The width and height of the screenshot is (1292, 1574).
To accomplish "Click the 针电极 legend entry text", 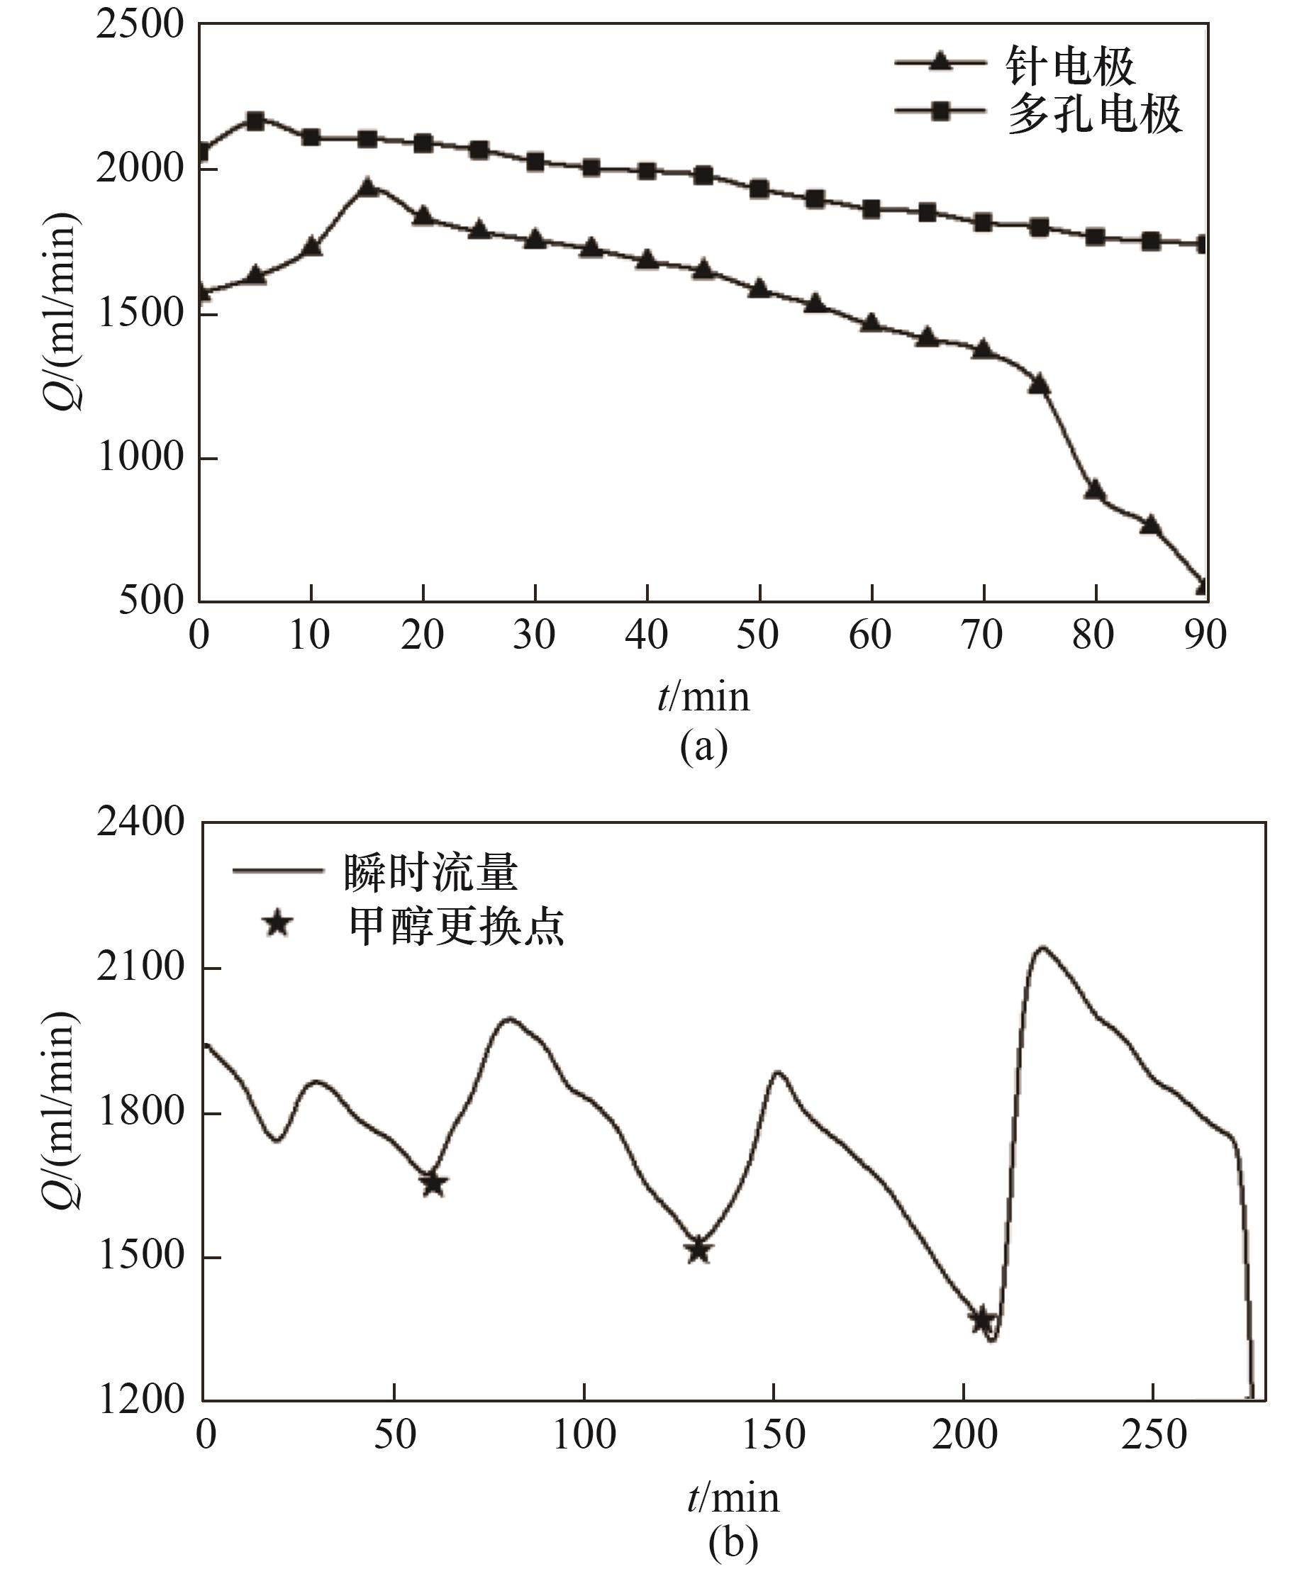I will point(1070,65).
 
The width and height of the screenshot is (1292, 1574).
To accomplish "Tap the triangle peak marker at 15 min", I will point(367,186).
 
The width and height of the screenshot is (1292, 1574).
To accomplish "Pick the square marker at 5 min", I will point(255,121).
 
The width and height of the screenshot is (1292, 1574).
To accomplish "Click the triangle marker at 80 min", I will point(1095,491).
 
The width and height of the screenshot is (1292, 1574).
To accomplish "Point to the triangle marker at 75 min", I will point(1039,385).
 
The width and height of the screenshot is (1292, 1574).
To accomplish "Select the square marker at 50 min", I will point(759,189).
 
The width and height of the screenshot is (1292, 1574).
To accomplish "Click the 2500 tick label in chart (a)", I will point(139,26).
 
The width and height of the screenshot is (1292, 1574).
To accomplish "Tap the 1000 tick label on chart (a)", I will point(139,456).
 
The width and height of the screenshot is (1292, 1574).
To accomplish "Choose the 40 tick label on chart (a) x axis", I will point(647,635).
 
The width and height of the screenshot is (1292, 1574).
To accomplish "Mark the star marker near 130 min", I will point(698,1249).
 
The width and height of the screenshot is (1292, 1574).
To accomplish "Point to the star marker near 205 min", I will point(981,1319).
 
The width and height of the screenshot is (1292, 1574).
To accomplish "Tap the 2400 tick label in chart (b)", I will point(139,822).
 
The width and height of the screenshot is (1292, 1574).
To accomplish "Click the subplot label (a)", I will point(703,747).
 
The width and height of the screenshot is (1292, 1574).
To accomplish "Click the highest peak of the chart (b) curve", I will point(1042,947).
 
